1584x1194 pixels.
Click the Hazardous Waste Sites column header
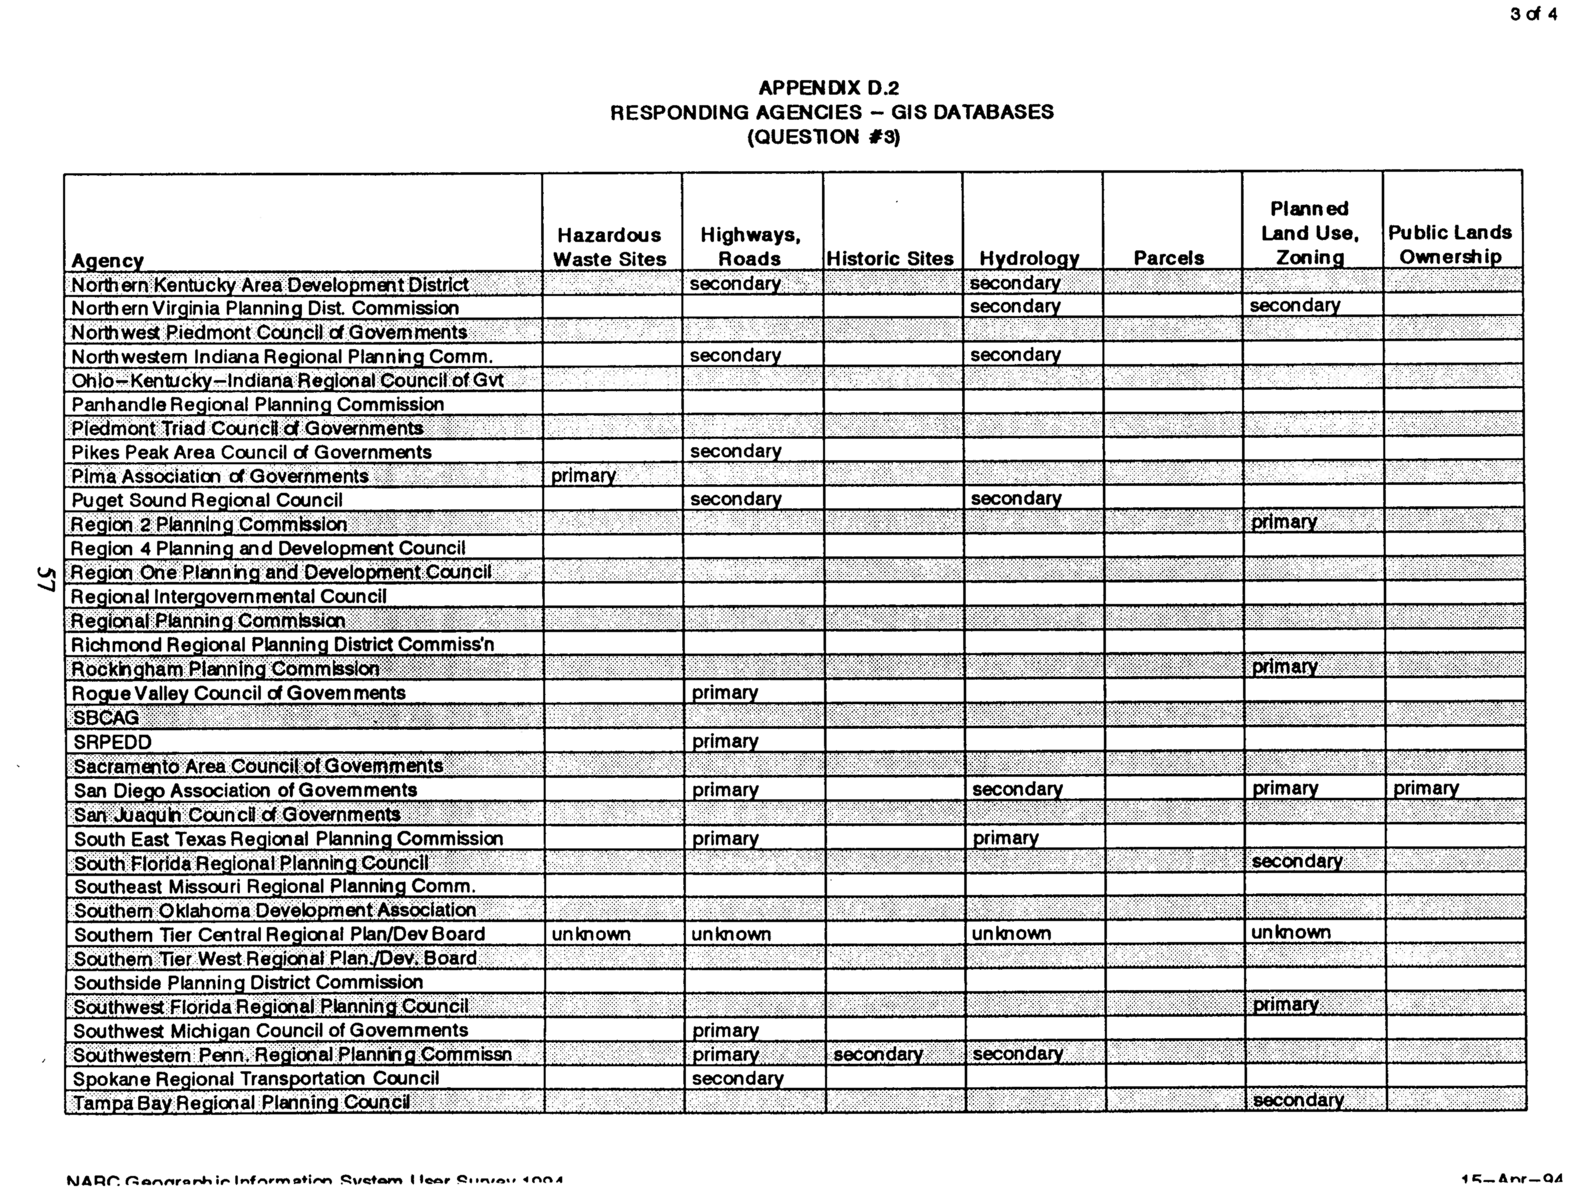[609, 247]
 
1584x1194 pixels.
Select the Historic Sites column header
[890, 258]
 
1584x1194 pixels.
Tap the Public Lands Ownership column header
[1450, 244]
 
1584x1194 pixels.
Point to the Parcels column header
[1168, 258]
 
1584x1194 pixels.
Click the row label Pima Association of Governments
[220, 476]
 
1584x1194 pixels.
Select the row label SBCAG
[106, 718]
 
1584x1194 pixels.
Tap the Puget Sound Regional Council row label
[207, 500]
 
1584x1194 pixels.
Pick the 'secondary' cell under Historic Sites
[878, 1054]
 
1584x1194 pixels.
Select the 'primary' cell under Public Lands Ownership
[1426, 789]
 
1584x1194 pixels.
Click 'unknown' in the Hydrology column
[1011, 933]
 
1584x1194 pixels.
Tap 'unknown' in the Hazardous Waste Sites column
[591, 934]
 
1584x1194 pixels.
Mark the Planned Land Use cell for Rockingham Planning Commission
[1285, 667]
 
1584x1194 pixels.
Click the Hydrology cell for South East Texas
[1005, 838]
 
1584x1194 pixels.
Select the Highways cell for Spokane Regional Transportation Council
[737, 1079]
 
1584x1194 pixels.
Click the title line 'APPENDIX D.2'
[829, 88]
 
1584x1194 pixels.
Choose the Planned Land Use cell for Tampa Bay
[1298, 1100]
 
